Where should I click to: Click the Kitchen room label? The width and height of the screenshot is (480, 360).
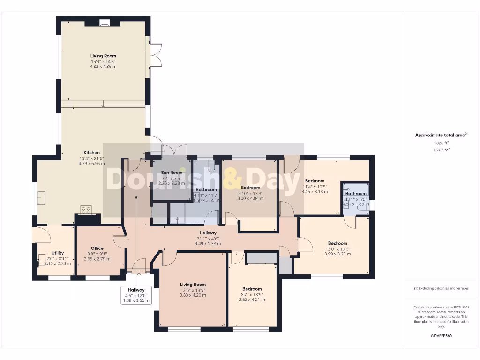[x=91, y=153]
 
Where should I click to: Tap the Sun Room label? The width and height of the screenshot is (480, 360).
[x=172, y=172]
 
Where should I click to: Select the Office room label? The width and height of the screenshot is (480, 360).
[x=97, y=248]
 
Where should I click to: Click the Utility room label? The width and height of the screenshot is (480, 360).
[x=58, y=253]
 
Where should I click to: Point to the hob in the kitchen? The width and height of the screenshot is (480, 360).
[x=86, y=210]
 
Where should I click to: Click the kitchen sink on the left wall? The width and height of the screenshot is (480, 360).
[x=41, y=198]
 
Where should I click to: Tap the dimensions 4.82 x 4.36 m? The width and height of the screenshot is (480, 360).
[x=103, y=67]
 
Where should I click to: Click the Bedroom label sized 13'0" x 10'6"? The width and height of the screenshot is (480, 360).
[x=337, y=243]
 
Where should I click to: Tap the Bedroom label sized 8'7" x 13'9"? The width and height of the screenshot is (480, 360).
[x=252, y=289]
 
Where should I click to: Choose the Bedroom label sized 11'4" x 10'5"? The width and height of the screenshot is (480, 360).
[x=315, y=181]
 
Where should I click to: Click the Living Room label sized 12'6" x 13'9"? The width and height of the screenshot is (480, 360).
[x=193, y=285]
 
